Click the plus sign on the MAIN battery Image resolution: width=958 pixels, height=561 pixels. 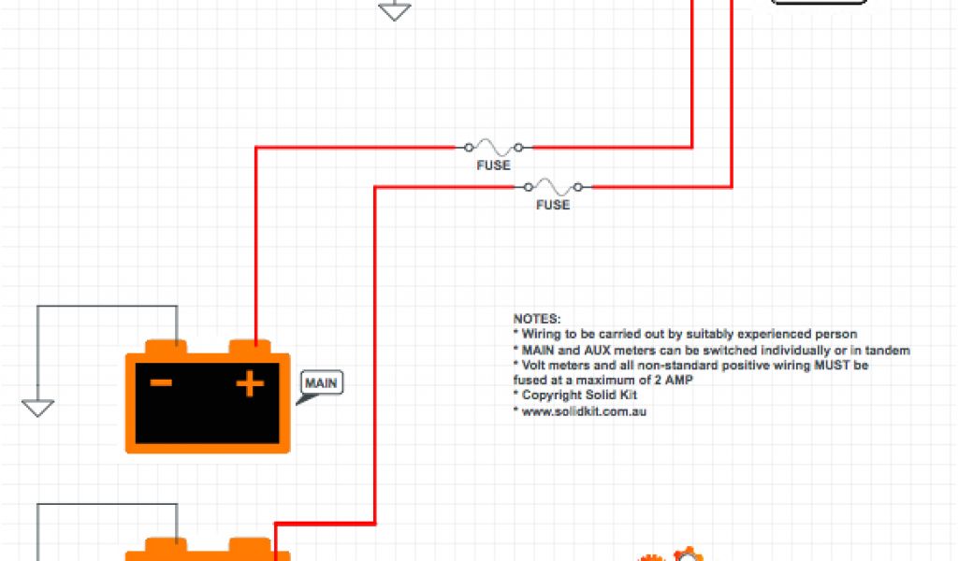click(x=249, y=383)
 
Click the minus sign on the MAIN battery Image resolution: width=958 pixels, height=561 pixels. click(x=161, y=382)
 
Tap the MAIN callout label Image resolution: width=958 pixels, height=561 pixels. click(x=322, y=382)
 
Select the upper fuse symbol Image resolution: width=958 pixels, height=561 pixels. click(x=493, y=147)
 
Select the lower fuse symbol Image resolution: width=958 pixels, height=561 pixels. click(x=553, y=186)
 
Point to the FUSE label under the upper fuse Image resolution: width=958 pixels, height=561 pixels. click(x=493, y=165)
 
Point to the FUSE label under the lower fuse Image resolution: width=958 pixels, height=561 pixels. click(x=553, y=205)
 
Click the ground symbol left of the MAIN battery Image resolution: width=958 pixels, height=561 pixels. click(x=37, y=408)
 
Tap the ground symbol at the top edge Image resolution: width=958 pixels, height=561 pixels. click(x=394, y=11)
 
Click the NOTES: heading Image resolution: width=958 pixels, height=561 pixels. click(x=537, y=319)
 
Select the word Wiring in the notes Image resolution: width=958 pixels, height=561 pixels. click(x=541, y=334)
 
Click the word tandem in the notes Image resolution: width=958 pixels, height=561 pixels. click(x=890, y=350)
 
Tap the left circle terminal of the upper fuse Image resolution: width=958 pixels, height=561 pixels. click(x=467, y=147)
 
